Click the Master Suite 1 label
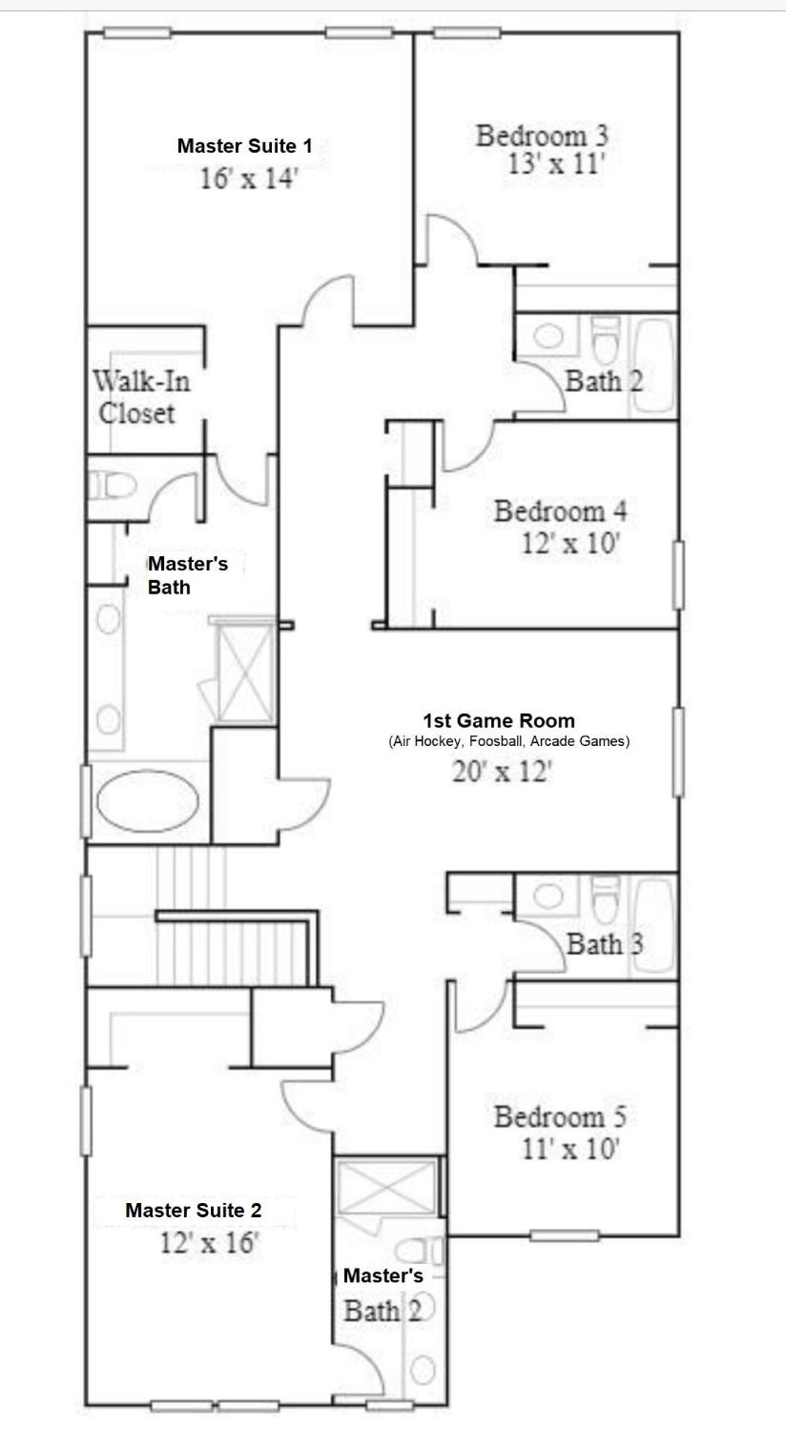point(244,146)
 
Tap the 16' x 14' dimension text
point(248,179)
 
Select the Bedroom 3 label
point(542,136)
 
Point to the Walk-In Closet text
point(140,397)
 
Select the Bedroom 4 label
point(560,512)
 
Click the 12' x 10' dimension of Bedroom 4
point(570,543)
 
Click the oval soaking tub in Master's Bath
point(148,802)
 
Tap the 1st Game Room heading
point(498,721)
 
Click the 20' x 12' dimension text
point(501,772)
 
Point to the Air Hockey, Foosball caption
point(509,742)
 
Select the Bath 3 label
point(604,944)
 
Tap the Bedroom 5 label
point(560,1117)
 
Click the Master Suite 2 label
point(193,1210)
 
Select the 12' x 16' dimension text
point(209,1242)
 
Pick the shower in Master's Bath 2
point(386,1187)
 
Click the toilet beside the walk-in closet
point(112,487)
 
